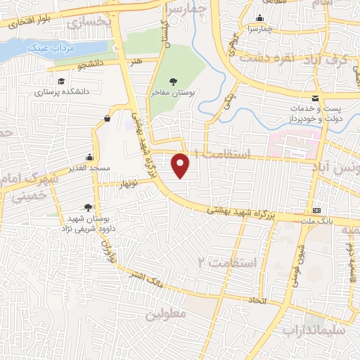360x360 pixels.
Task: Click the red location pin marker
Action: point(181,165)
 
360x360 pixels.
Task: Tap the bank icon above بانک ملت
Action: point(317,211)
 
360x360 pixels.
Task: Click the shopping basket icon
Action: point(106,118)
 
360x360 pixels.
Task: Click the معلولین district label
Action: point(167,314)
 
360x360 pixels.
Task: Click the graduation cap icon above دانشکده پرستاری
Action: point(60,81)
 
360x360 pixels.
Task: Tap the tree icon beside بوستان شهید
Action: point(86,207)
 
